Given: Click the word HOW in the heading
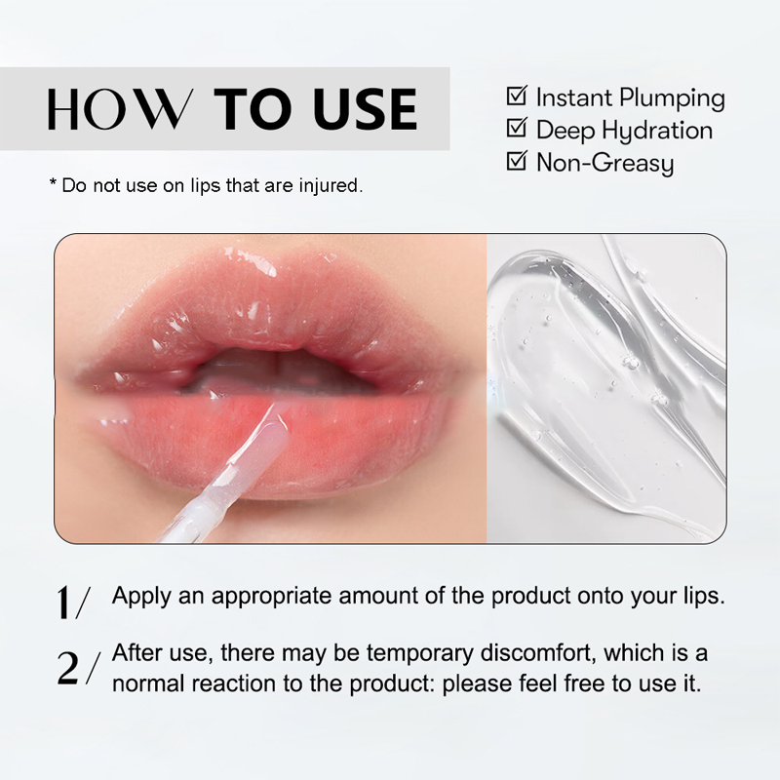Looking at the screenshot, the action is click(119, 109).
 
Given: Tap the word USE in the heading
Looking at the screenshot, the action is click(366, 109).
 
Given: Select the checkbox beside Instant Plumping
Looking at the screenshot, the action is click(517, 96).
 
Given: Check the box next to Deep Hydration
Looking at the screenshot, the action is click(517, 128).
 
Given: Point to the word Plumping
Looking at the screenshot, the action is click(672, 98).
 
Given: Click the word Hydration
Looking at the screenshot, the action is click(656, 132).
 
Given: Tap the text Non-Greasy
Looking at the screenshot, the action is click(604, 163).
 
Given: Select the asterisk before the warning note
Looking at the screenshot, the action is click(53, 182).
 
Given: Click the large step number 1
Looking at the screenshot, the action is click(62, 602).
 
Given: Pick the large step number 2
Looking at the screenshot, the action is click(67, 668).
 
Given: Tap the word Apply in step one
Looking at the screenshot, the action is click(141, 597).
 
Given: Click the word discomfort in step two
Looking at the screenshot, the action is click(538, 652).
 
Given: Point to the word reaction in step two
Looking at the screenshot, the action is click(233, 684).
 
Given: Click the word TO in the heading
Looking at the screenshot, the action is click(253, 109).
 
